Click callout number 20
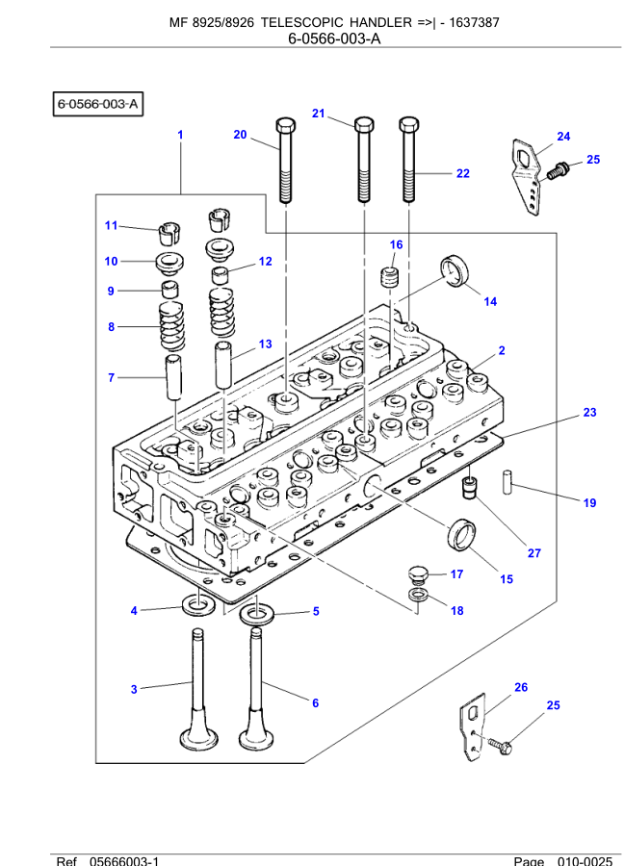[x=240, y=135]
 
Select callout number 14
[x=490, y=301]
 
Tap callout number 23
[x=589, y=413]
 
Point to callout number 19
[x=589, y=503]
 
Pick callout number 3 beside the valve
[x=134, y=688]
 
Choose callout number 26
[x=521, y=687]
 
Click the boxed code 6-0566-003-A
[x=98, y=102]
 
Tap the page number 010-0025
[x=584, y=860]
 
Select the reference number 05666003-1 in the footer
[x=124, y=860]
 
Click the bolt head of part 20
[x=285, y=127]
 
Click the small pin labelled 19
[x=505, y=478]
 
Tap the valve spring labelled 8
[x=170, y=327]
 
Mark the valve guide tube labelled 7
[x=173, y=378]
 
